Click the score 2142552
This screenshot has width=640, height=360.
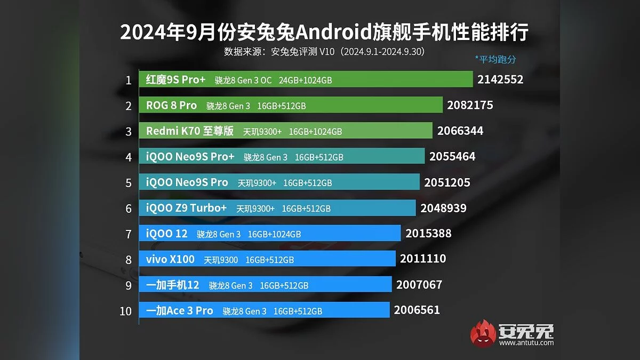[501, 80]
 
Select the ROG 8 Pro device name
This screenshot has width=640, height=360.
[171, 106]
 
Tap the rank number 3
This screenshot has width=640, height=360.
[128, 131]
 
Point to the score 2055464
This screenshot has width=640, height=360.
[452, 157]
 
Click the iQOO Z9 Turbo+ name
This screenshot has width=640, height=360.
[186, 208]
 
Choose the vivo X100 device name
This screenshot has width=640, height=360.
[170, 259]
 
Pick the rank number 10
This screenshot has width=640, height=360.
[125, 310]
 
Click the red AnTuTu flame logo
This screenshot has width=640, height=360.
[483, 333]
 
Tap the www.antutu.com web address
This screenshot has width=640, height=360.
[526, 342]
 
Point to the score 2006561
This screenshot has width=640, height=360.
[417, 310]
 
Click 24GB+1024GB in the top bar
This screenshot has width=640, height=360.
[306, 81]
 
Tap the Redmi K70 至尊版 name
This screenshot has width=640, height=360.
[190, 131]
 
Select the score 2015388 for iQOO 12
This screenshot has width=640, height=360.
[428, 234]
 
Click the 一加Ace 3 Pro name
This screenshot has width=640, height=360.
[179, 310]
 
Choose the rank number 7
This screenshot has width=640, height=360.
[128, 234]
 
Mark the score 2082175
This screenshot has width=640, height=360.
[470, 106]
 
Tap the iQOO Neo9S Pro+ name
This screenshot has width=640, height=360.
[190, 157]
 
